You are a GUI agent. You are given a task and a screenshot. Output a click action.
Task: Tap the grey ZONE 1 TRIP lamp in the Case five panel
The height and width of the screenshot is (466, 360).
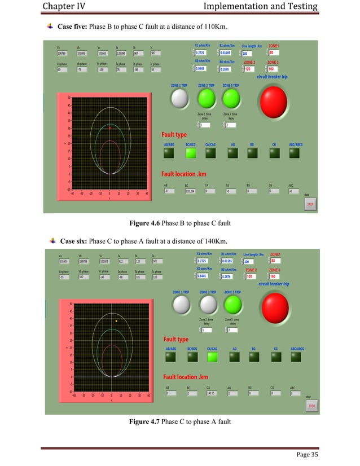[x=179, y=99]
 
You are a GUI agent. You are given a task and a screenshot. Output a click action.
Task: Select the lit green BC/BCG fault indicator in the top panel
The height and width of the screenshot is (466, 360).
[x=191, y=152]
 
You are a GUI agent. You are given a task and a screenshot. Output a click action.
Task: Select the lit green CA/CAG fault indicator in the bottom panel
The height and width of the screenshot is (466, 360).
[x=213, y=357]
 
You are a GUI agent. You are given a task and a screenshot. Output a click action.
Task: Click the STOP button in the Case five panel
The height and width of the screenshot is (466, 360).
[x=309, y=205]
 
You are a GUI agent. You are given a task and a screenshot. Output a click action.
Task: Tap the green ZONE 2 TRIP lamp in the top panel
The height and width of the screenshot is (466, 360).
[x=206, y=99]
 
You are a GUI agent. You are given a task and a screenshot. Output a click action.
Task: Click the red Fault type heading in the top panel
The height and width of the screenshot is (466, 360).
[x=175, y=135]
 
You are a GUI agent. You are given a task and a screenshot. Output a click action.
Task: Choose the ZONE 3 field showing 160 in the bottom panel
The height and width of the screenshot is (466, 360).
[x=276, y=276]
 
